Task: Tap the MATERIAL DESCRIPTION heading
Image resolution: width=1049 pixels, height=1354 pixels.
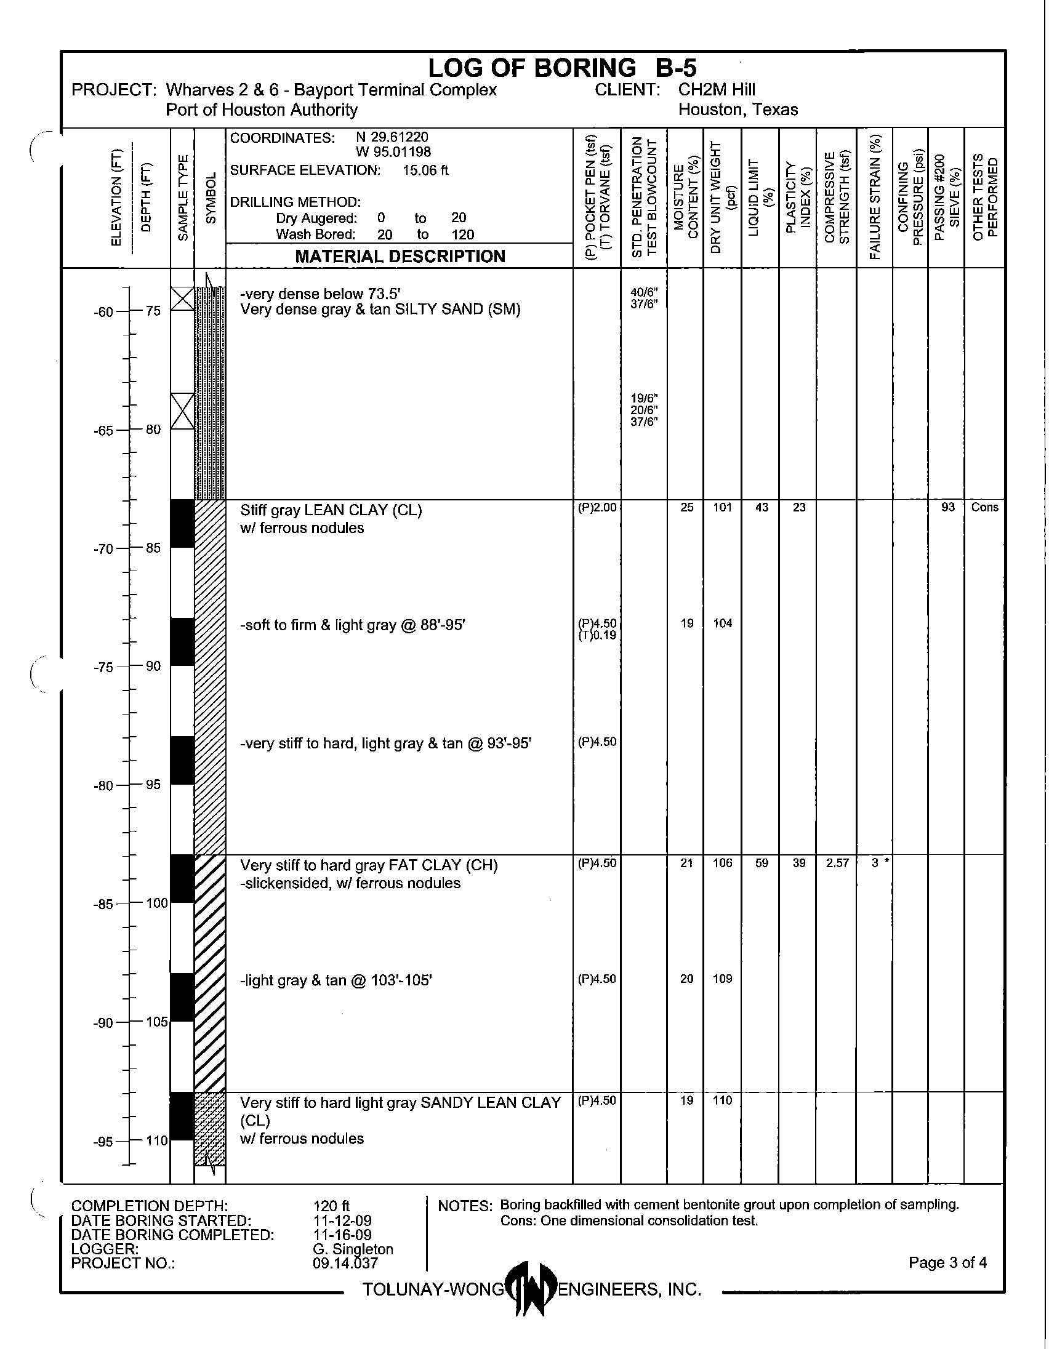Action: coord(400,256)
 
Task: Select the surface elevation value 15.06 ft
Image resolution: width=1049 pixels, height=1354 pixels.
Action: coord(425,170)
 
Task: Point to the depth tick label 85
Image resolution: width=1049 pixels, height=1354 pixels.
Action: coord(153,548)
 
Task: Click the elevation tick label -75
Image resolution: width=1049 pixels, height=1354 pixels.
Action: coord(103,667)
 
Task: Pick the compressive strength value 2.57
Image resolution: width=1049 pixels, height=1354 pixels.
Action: coord(837,863)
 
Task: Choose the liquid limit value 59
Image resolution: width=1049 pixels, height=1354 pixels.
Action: coord(762,863)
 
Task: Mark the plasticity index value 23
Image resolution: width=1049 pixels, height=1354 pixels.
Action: coord(799,507)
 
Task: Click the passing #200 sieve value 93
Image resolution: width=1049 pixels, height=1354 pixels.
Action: coord(947,507)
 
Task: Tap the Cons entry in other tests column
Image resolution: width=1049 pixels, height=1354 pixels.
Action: coord(984,507)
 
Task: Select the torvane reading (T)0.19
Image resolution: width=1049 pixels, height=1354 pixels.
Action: coord(598,636)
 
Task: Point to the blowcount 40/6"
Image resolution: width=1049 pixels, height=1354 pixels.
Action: coord(644,292)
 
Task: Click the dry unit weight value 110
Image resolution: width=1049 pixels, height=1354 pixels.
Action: coord(723,1100)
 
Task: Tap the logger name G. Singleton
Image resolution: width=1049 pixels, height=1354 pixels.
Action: coord(353,1249)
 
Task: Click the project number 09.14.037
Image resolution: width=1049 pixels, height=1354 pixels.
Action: coord(345,1264)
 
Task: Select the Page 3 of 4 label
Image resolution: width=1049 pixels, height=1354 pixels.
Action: coord(947,1262)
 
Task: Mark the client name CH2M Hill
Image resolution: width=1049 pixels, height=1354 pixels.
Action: coord(717,90)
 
